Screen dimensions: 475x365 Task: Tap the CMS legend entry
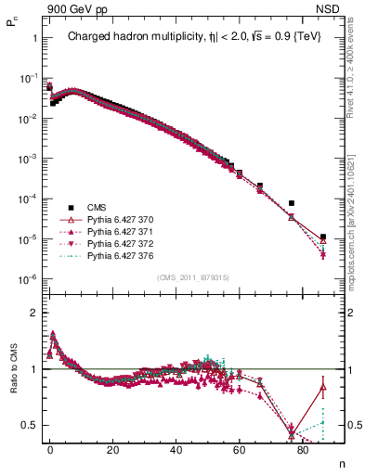97,207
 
